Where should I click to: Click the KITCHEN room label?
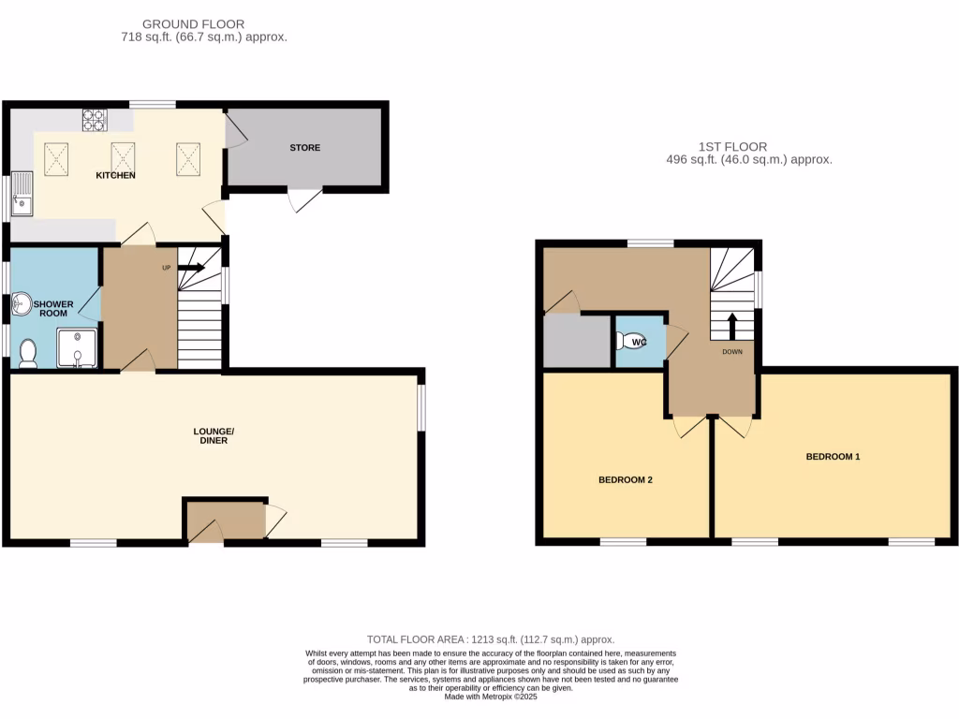click(115, 175)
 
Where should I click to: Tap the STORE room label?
click(304, 148)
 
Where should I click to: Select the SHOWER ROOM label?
click(52, 309)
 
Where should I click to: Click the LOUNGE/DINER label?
click(214, 435)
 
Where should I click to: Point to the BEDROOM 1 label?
click(833, 457)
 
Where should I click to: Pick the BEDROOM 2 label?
click(625, 480)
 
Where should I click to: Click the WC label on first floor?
click(640, 343)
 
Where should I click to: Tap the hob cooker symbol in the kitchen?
click(95, 119)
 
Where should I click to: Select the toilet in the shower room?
click(28, 354)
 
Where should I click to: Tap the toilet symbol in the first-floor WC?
click(625, 343)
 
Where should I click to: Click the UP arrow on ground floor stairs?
click(192, 267)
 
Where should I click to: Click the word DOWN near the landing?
click(732, 353)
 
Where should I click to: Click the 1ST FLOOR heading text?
click(732, 147)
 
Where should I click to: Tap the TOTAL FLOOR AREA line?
click(491, 639)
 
